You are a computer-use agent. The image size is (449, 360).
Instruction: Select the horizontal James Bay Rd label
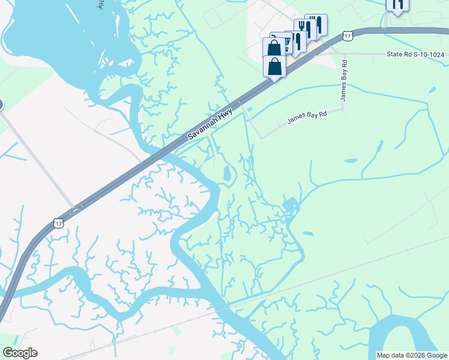[x=306, y=116]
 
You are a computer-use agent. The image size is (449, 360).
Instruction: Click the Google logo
[x=20, y=353]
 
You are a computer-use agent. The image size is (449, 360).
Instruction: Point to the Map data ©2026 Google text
[x=412, y=355]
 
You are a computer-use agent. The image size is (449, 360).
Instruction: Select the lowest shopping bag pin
[x=275, y=67]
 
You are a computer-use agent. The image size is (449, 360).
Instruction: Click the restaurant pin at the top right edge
[x=397, y=5]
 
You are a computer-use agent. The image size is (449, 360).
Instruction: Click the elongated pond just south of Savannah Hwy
[x=228, y=174]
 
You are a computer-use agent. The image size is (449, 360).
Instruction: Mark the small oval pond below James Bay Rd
[x=350, y=161]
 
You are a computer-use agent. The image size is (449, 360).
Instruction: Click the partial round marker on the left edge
[x=1, y=106]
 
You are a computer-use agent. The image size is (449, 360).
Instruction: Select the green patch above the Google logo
[x=15, y=339]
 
